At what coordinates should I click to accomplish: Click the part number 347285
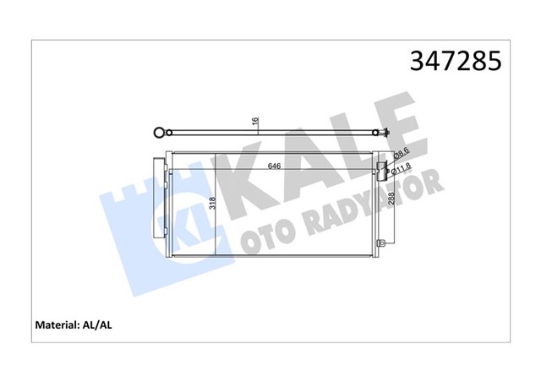[456, 61]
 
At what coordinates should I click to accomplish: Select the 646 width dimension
[274, 166]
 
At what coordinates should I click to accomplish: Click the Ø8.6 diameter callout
[402, 155]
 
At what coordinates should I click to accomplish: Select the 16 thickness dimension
[254, 123]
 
